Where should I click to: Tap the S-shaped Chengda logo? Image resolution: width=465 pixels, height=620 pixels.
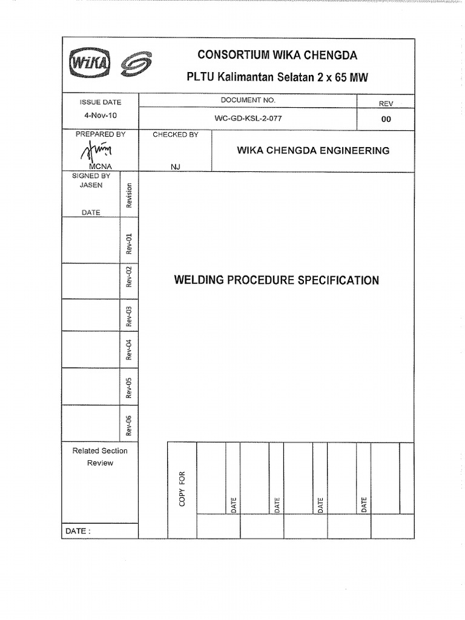coord(136,64)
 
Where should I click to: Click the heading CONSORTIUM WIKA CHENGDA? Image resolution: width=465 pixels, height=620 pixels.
coord(277,56)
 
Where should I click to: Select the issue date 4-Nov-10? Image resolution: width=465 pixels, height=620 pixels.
coord(100,114)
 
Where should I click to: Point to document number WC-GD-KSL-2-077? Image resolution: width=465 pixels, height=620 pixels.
coord(248,119)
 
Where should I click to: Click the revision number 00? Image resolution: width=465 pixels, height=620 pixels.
coord(386,119)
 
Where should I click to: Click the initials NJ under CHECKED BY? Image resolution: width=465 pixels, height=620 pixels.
coord(176,167)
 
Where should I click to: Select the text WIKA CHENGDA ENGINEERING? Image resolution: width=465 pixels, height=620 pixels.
coord(313,150)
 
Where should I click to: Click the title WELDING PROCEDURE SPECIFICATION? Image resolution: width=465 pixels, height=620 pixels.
coord(277,280)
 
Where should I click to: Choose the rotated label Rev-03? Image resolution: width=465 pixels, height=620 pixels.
coord(129,316)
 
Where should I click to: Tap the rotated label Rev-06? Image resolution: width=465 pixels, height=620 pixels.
coord(129,425)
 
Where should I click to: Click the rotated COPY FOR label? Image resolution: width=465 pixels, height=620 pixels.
coord(182,489)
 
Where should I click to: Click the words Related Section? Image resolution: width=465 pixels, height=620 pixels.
coord(100,450)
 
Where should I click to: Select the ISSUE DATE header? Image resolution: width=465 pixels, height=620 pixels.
coord(101,102)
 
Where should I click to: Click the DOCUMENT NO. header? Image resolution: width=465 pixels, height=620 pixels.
coord(248,100)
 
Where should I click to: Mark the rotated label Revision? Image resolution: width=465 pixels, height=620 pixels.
coord(129,196)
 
